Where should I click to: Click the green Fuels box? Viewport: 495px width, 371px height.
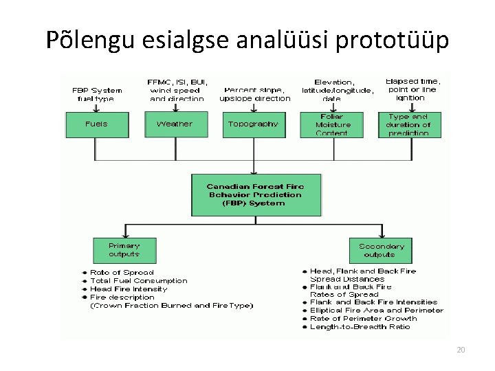pos(96,124)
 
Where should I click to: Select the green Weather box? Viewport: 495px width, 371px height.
pos(175,124)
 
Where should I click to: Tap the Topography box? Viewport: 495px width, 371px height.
pos(254,124)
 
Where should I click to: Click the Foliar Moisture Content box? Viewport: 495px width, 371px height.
pos(333,125)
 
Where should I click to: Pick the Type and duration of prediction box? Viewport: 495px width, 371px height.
pos(409,125)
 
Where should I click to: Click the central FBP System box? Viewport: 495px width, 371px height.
pos(255,194)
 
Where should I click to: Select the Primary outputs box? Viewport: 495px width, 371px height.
pos(124,250)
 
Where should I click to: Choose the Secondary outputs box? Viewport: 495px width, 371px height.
pos(382,250)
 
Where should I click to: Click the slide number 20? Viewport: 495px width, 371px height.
pos(461,350)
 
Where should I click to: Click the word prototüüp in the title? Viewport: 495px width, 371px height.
pos(393,41)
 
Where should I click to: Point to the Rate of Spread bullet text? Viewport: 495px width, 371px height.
pos(122,273)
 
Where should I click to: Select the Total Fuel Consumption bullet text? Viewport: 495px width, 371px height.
pos(138,281)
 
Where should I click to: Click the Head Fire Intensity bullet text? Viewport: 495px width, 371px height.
pos(129,289)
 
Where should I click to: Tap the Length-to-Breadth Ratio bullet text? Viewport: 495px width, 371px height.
pos(360,327)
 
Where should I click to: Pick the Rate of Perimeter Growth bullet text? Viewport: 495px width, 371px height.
pos(363,319)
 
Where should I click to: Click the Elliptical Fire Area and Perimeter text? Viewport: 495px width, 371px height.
pos(376,311)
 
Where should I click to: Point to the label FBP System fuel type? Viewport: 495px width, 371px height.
pos(97,94)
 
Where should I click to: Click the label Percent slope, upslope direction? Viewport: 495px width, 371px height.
pos(255,94)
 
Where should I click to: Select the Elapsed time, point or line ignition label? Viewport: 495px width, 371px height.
pos(413,89)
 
